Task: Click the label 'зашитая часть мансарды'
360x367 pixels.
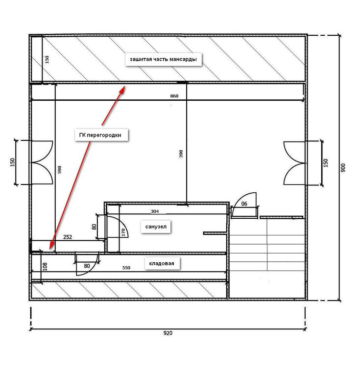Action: [x=163, y=59]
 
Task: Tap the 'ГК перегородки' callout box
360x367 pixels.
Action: [x=101, y=135]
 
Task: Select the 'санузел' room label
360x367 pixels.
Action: [x=156, y=227]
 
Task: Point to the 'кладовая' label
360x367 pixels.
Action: [x=162, y=264]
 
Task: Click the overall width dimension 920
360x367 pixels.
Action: [x=168, y=333]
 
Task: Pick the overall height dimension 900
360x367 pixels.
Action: [x=343, y=168]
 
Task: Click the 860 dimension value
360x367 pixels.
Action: [x=174, y=96]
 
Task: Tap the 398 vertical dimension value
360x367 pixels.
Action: [x=181, y=154]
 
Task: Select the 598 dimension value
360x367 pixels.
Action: [x=59, y=170]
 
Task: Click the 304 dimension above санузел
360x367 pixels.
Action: [x=155, y=211]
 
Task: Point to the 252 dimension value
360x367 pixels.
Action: [x=68, y=237]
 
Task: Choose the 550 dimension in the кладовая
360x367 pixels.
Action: [x=126, y=268]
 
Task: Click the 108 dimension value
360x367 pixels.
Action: [x=45, y=267]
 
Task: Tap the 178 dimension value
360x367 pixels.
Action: [x=123, y=232]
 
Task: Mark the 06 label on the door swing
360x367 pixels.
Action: [x=244, y=204]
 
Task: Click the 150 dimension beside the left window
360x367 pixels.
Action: [x=12, y=162]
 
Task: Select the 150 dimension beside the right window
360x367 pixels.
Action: [x=326, y=163]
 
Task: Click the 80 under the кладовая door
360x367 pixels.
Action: [x=87, y=266]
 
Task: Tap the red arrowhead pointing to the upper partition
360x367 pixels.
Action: [x=122, y=90]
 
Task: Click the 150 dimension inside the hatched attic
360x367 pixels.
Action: [x=47, y=59]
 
